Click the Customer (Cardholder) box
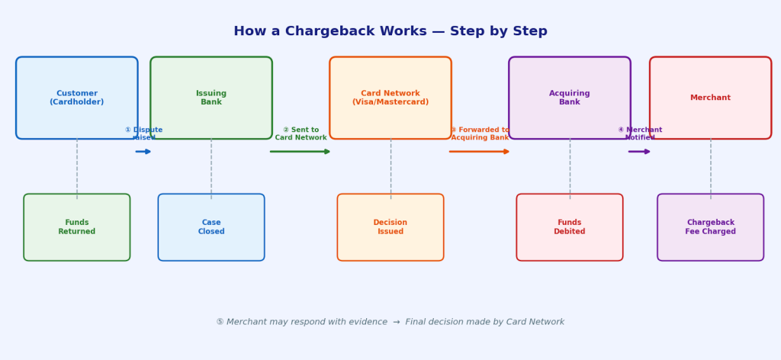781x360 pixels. [x=77, y=98]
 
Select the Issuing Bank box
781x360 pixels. [x=211, y=98]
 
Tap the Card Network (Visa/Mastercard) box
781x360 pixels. [x=390, y=98]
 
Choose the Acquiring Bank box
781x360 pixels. [x=570, y=98]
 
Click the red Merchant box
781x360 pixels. [x=710, y=98]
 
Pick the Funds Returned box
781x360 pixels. [x=77, y=227]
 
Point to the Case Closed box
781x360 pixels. [x=211, y=227]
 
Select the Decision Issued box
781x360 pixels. [x=390, y=227]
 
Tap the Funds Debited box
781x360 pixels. [x=570, y=227]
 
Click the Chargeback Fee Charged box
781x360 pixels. [x=710, y=227]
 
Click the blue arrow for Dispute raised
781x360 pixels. [x=143, y=152]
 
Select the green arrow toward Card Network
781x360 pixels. [x=300, y=152]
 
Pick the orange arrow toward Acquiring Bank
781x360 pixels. [x=479, y=152]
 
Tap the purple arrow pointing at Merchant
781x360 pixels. [x=639, y=152]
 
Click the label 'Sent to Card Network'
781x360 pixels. [x=301, y=134]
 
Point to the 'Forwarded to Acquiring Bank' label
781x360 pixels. [x=480, y=134]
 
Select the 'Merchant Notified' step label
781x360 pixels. [x=640, y=134]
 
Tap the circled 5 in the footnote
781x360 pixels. [x=220, y=323]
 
